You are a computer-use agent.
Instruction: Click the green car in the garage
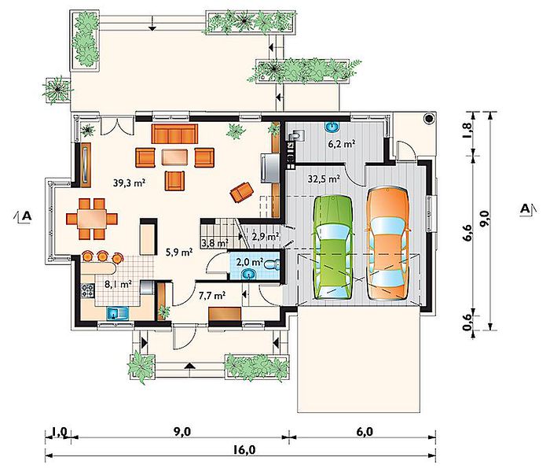click(332, 247)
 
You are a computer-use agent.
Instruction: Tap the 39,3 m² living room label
click(129, 183)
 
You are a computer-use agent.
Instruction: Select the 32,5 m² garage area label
click(324, 179)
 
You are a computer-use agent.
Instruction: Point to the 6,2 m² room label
click(342, 144)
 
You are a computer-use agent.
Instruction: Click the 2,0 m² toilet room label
click(250, 262)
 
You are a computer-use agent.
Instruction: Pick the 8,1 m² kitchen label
click(118, 284)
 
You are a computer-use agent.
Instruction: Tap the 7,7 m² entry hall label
click(212, 296)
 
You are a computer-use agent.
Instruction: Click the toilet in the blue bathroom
click(272, 264)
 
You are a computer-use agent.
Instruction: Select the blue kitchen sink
click(118, 313)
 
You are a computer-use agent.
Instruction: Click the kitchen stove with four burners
click(88, 291)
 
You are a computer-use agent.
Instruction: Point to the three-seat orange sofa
click(174, 134)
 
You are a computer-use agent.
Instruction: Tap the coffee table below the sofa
click(174, 157)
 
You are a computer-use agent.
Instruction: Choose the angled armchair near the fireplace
click(242, 192)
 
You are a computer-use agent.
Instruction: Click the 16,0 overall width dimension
click(245, 449)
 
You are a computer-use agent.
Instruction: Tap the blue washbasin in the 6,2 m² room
click(332, 127)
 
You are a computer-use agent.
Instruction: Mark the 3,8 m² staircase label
click(214, 242)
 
